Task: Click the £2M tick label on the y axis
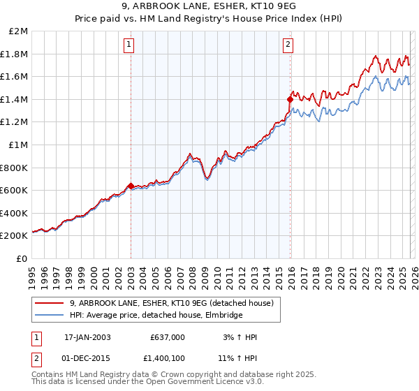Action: [19, 31]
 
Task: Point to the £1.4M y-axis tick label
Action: [15, 99]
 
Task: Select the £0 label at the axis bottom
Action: [22, 258]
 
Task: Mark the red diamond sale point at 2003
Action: [131, 186]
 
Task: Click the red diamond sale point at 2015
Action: [289, 99]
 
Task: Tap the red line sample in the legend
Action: [49, 304]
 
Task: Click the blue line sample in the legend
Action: [49, 316]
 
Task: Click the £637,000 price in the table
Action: [168, 337]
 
